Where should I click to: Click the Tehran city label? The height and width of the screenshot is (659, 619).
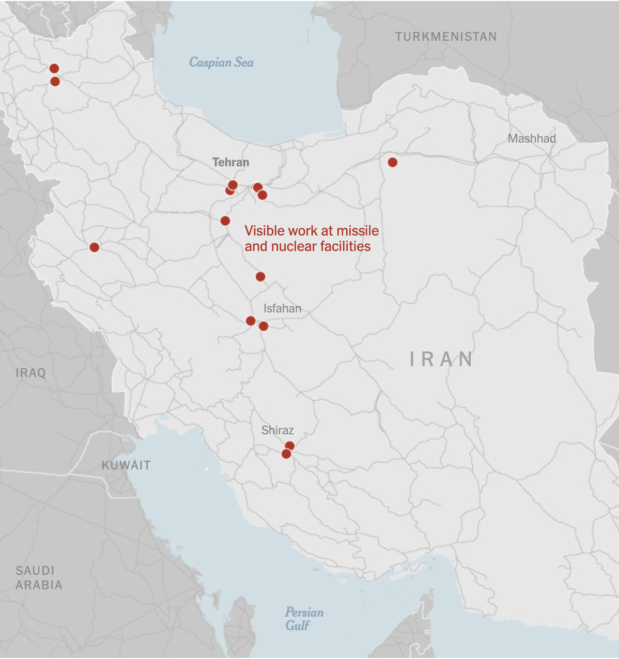pos(230,162)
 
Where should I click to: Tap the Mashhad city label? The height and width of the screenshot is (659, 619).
pos(532,138)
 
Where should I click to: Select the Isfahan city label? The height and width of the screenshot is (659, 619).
pos(282,308)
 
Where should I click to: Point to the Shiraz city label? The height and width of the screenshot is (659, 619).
pos(277,430)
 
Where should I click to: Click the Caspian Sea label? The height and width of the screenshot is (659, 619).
pos(221,62)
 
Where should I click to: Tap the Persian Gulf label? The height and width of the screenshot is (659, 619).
pos(304,619)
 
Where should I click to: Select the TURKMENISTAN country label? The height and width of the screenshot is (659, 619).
pos(446,37)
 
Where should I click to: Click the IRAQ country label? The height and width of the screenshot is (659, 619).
pos(30,373)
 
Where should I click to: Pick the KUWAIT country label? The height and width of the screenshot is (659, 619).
pos(126,465)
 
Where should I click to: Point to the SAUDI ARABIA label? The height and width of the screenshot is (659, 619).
pos(39,578)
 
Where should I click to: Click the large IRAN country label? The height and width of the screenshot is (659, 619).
pos(442,359)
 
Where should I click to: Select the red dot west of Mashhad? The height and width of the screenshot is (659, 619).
pos(393,162)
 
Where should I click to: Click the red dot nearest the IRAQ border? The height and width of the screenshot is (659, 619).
pos(94,247)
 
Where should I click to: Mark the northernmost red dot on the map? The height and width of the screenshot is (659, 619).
pos(54,69)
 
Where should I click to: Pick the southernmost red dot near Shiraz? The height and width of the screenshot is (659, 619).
pos(286,454)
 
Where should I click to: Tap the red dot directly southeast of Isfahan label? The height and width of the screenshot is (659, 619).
pos(264,326)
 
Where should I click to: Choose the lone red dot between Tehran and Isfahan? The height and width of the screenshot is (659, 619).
pos(260,277)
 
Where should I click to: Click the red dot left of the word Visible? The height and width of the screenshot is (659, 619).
pos(225,221)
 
